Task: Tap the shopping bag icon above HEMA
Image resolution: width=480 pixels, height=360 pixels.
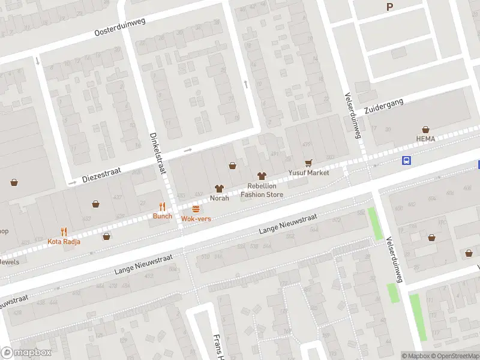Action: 425,129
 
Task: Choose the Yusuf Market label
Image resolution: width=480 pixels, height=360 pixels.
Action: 308,173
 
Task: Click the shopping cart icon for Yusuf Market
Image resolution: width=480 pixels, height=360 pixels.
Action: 308,163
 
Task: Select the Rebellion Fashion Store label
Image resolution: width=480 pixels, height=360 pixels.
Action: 262,190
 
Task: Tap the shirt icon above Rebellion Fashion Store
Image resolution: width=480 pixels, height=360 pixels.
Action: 262,176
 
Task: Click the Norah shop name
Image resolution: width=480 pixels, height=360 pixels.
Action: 219,198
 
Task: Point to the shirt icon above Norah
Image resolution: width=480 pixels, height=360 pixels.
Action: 219,188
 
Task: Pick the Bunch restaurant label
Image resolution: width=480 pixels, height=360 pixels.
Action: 162,216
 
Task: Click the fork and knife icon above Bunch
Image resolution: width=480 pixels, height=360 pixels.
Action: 162,206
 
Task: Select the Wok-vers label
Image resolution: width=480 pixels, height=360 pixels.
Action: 196,219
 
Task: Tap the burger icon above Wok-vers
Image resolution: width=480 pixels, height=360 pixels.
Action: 196,209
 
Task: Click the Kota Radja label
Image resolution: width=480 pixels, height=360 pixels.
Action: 63,242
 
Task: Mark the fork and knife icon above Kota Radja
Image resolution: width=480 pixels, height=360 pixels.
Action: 64,232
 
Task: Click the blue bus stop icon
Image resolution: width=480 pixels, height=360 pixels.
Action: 406,160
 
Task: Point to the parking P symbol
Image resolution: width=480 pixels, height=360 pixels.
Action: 390,7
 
